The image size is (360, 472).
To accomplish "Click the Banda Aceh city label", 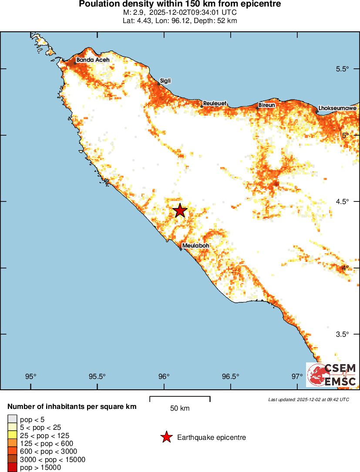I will coord(93,60).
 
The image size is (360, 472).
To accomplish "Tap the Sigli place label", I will coord(165,81).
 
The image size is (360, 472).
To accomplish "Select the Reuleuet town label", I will coord(215,103).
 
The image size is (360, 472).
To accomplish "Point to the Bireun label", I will coord(267,105).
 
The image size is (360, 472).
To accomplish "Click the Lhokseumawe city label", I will coord(337,108).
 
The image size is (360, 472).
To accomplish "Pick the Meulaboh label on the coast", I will coord(195,246).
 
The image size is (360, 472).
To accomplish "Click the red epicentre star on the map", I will coord(180,211).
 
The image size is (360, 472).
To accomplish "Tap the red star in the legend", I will coord(166,437).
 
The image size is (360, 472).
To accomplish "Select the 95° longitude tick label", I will coord(30,376).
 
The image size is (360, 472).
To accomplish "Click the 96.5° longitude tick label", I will coord(231,376).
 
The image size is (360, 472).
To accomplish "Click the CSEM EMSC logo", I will coord(332,375).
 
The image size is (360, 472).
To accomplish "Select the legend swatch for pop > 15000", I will coord(12,468).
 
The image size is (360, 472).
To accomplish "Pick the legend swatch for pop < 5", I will coord(12,419).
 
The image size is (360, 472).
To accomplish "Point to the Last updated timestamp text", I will coord(308,399).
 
